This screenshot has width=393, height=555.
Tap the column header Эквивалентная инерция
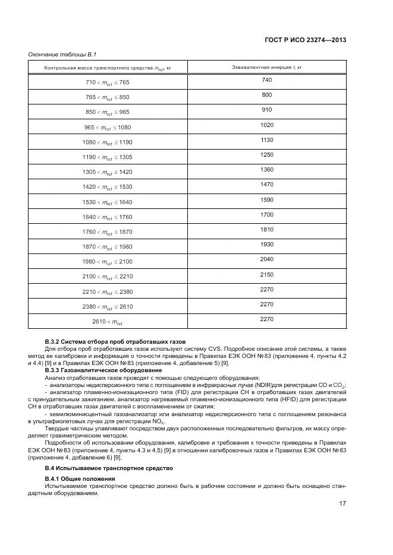[266, 67]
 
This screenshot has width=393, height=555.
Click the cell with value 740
[266, 80]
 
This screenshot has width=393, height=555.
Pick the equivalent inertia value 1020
[266, 125]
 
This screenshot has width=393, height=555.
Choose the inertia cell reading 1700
[266, 214]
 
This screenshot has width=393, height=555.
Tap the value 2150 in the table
[266, 274]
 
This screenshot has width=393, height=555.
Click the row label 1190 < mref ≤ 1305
[108, 157]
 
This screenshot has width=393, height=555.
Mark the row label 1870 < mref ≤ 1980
[108, 247]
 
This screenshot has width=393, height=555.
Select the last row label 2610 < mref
[108, 322]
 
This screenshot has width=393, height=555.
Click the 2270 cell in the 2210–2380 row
[266, 289]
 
